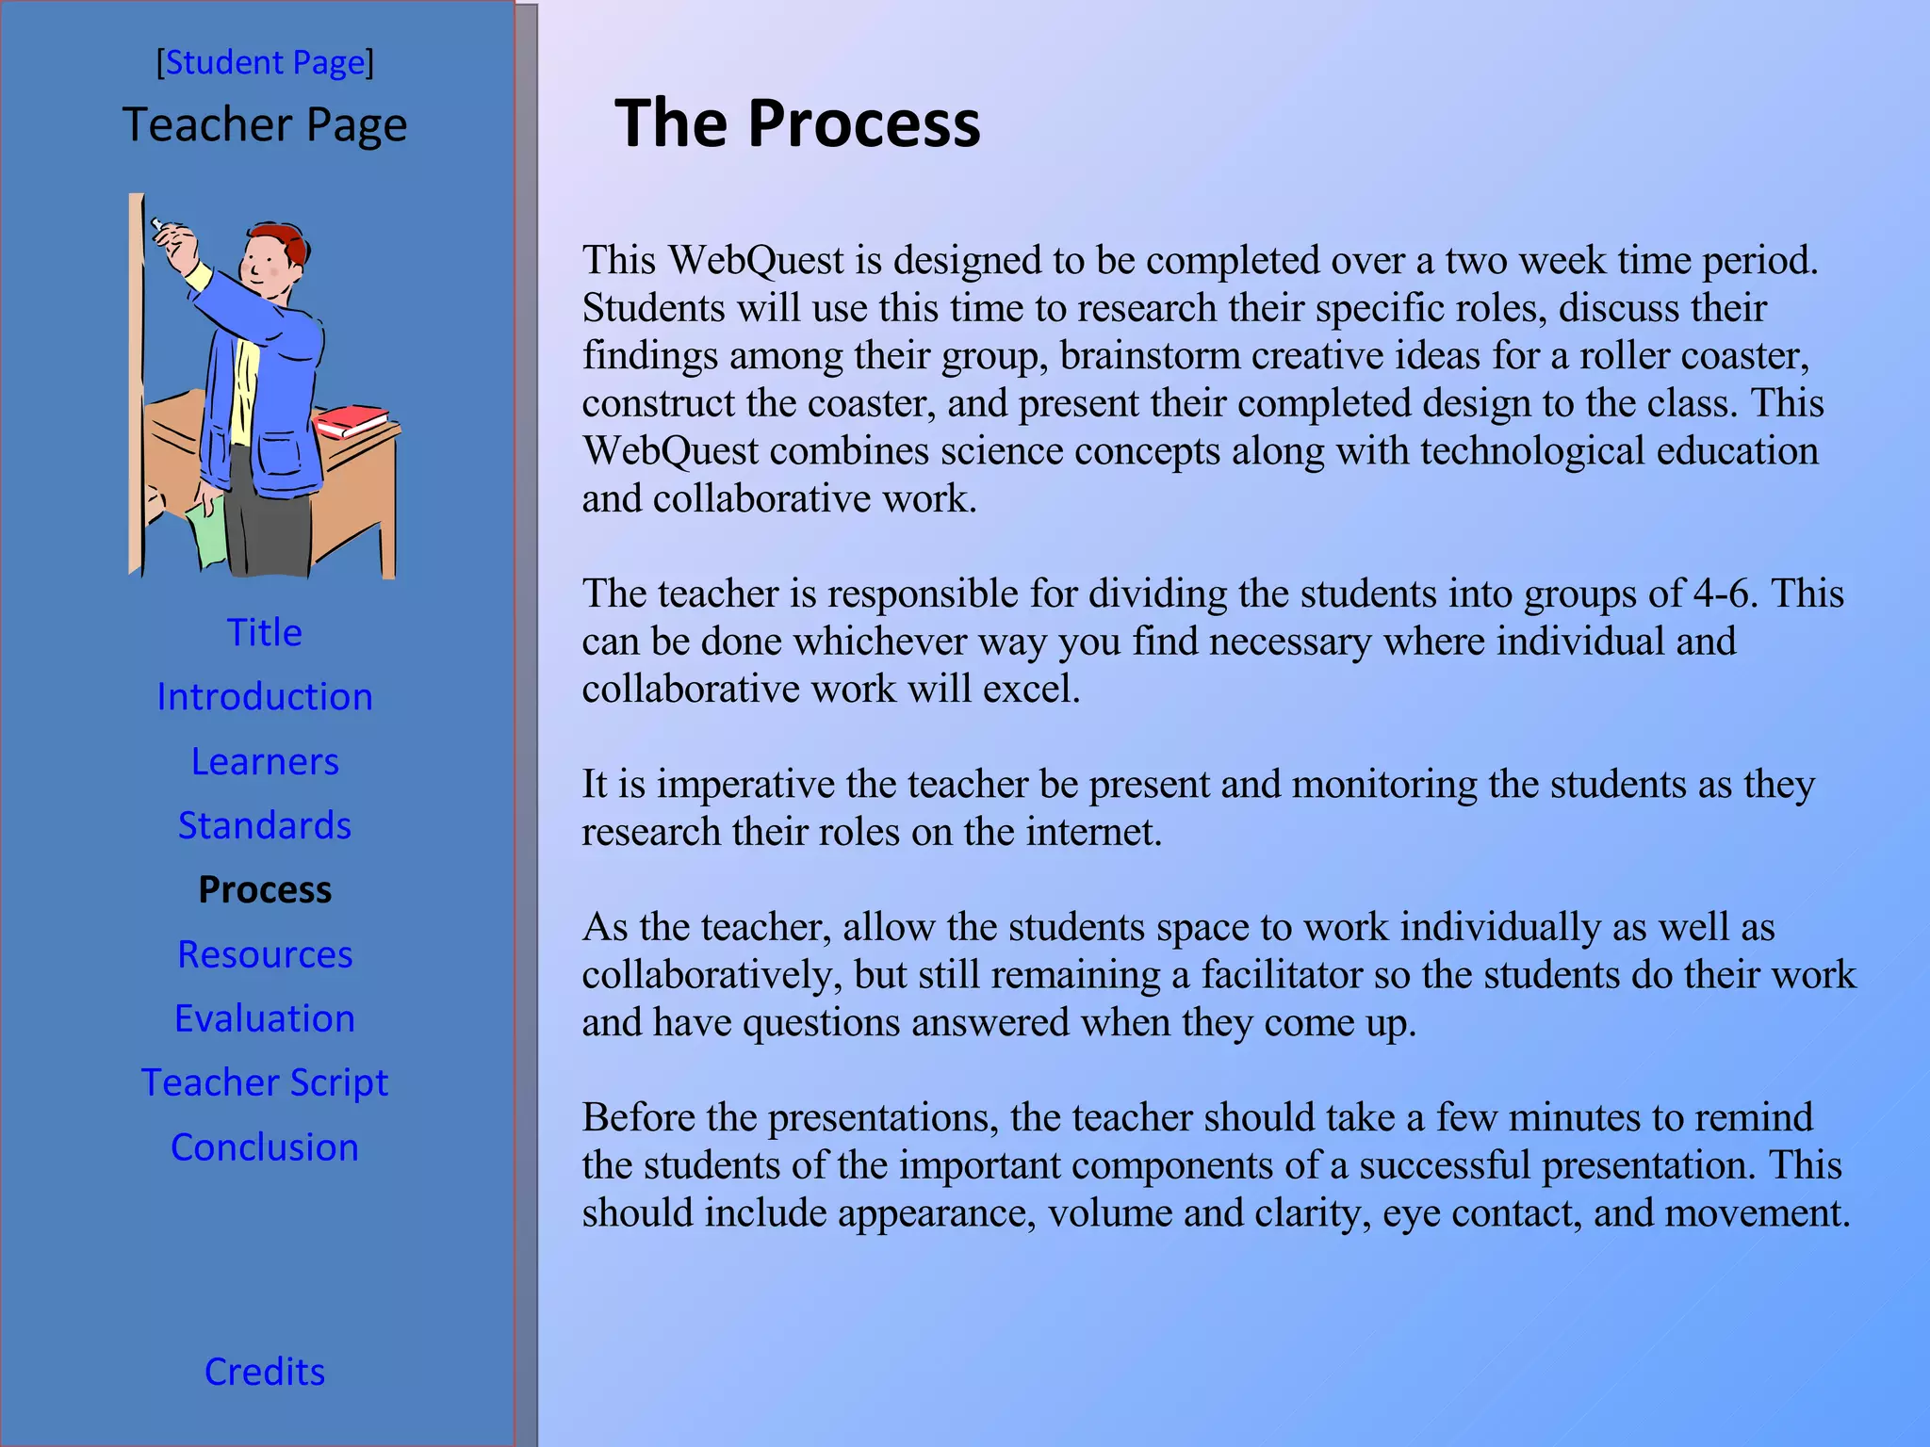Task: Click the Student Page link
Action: point(265,63)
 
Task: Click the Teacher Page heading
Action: point(265,125)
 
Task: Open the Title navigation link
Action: point(265,632)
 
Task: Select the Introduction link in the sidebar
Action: point(265,697)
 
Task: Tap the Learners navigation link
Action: point(265,761)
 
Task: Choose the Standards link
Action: point(265,825)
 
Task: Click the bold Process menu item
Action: point(265,890)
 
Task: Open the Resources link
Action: point(265,954)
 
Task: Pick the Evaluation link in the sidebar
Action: point(265,1018)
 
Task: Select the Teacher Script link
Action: point(265,1082)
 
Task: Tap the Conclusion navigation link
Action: point(265,1147)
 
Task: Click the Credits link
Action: point(265,1372)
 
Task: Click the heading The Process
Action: point(797,123)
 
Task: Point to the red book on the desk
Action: point(351,420)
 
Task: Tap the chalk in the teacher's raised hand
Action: point(157,225)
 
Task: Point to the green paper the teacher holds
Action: point(207,533)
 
